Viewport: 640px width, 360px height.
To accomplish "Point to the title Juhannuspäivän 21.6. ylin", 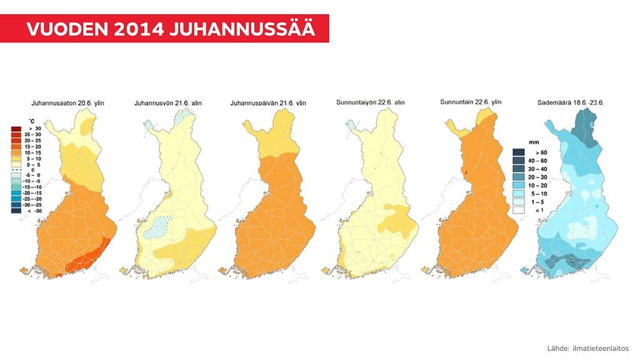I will [x=268, y=102].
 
